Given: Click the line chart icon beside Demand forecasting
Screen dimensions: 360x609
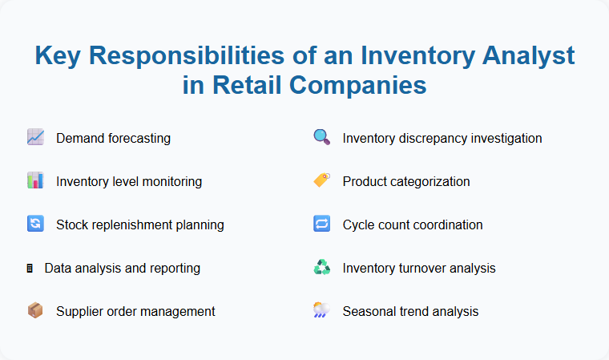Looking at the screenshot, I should pos(35,138).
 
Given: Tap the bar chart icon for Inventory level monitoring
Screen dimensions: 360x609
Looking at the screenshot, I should pos(35,181).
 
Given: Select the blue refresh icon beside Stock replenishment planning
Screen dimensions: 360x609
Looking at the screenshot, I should pos(35,224).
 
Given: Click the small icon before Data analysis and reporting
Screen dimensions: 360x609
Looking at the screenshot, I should pos(30,268).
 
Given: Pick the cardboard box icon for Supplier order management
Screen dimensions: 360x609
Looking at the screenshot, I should pos(35,311).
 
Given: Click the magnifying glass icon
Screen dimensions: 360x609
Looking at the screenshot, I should pos(321,138).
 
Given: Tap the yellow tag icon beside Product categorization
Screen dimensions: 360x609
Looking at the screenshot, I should pos(321,181).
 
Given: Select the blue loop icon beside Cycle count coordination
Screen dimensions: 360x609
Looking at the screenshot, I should pos(321,224).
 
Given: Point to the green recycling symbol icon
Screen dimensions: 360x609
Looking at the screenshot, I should pos(321,268).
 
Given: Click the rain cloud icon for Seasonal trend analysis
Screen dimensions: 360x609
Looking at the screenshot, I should pos(321,311).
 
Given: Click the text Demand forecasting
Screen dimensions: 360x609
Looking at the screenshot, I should pos(113,138).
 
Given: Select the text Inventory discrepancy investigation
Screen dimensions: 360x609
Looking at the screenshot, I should pos(442,138).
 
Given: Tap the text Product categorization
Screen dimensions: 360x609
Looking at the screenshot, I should pos(405,181).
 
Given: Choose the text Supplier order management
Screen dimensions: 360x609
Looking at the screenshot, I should pos(135,311).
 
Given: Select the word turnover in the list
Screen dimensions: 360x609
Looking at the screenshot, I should pos(425,268).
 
